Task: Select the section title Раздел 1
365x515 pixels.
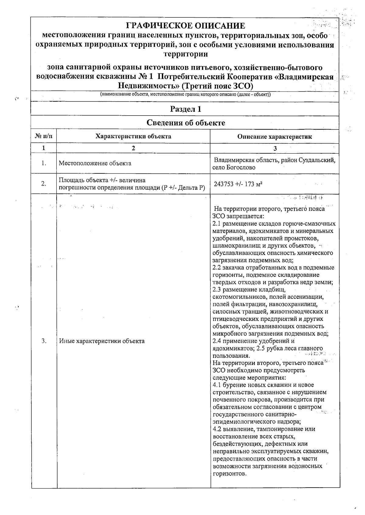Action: click(185, 109)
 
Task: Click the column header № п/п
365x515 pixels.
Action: click(44, 136)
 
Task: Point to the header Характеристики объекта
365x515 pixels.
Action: click(133, 136)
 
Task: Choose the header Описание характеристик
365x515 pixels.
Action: click(274, 137)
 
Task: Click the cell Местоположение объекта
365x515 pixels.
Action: click(95, 163)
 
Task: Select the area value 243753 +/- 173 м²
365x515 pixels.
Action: click(238, 184)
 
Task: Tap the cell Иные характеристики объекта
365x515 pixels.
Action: click(102, 341)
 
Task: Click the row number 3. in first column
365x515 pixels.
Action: click(44, 341)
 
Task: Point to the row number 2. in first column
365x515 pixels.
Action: click(44, 184)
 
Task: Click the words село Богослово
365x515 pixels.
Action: click(234, 167)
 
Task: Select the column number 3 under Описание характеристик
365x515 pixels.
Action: click(275, 148)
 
